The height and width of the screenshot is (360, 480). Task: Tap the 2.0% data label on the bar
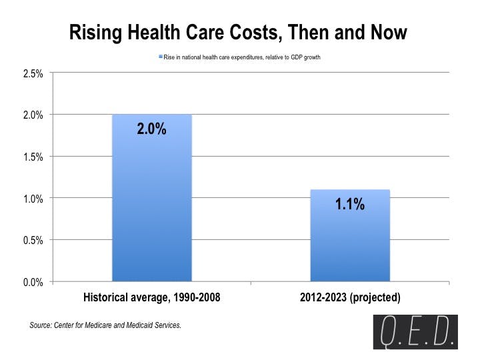[151, 129]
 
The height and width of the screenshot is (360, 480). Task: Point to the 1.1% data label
[350, 205]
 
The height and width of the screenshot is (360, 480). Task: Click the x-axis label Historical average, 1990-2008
[151, 297]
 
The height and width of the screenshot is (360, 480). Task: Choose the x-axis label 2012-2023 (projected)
[350, 297]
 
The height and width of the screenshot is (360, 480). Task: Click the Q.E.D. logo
[415, 332]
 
